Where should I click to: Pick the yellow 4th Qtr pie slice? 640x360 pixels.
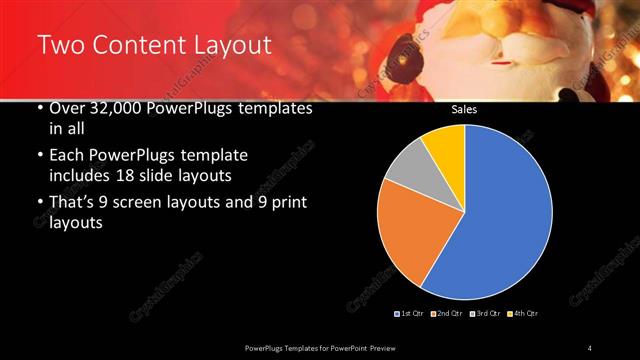coord(444,146)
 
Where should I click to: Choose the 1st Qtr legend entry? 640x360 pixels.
coord(410,314)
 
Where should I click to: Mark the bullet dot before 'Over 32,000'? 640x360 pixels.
coord(39,108)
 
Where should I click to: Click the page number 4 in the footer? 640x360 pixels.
coord(590,347)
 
